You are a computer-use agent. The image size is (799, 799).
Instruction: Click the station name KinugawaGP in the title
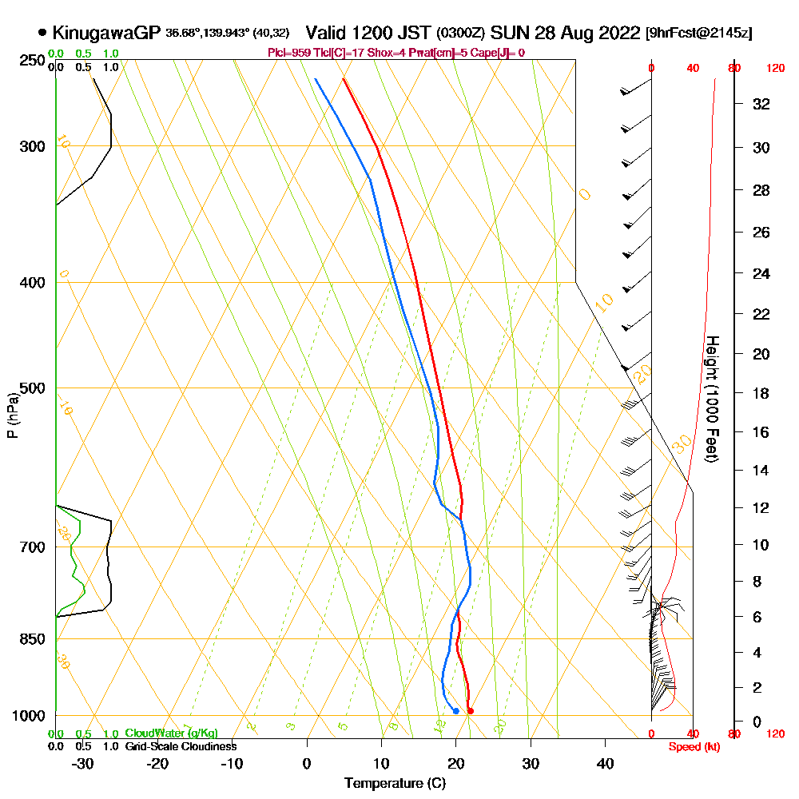(x=106, y=34)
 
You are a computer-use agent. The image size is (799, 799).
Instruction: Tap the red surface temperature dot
(x=470, y=710)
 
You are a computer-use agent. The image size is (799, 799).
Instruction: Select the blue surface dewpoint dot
(x=455, y=710)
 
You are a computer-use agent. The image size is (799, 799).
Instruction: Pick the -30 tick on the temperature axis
(x=83, y=763)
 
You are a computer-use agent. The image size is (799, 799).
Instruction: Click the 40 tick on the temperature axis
(x=605, y=763)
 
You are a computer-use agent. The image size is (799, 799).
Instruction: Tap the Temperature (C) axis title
(x=395, y=784)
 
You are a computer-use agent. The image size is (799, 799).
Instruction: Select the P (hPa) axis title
(x=13, y=415)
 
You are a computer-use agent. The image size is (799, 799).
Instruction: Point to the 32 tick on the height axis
(x=761, y=104)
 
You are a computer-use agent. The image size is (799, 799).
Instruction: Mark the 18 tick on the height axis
(x=761, y=393)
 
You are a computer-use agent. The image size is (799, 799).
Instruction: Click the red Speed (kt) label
(x=692, y=747)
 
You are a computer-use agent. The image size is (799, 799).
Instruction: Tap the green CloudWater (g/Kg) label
(x=171, y=733)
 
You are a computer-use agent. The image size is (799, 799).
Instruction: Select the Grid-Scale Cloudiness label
(x=180, y=746)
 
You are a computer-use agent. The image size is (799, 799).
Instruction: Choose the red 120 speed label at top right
(x=775, y=69)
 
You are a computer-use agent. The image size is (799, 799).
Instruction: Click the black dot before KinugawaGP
(x=42, y=34)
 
